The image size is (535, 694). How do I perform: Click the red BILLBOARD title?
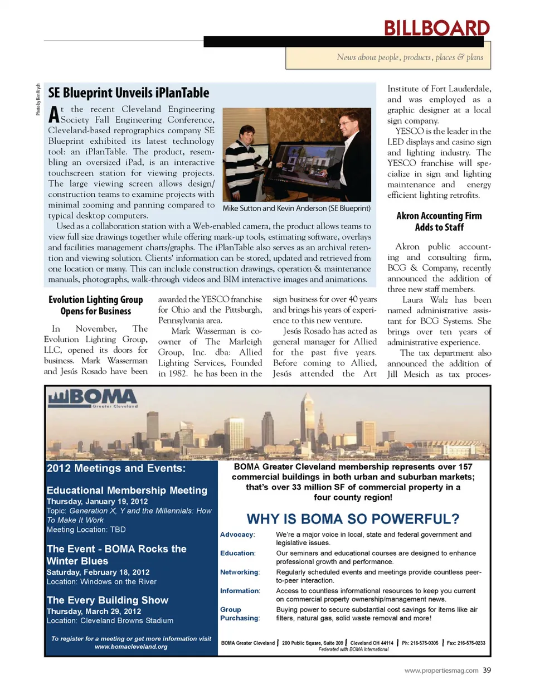pyautogui.click(x=436, y=28)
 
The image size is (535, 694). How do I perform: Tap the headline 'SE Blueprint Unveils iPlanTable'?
pyautogui.click(x=129, y=93)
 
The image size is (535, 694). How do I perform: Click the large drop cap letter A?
pyautogui.click(x=53, y=115)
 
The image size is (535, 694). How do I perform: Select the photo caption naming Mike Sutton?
pyautogui.click(x=296, y=208)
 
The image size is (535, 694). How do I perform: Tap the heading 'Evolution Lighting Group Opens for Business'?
pyautogui.click(x=96, y=305)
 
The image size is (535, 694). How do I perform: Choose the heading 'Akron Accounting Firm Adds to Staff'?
pyautogui.click(x=439, y=221)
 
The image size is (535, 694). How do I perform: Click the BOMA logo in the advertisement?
pyautogui.click(x=93, y=398)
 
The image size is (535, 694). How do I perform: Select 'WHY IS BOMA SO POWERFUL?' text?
pyautogui.click(x=353, y=519)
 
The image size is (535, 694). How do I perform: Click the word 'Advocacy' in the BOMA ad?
pyautogui.click(x=237, y=535)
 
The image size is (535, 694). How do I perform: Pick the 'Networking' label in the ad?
pyautogui.click(x=240, y=572)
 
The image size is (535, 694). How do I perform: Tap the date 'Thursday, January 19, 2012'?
pyautogui.click(x=97, y=501)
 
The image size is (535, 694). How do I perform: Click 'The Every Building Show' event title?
pyautogui.click(x=108, y=600)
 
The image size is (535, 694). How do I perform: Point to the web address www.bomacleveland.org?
pyautogui.click(x=131, y=647)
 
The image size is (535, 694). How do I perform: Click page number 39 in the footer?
pyautogui.click(x=487, y=670)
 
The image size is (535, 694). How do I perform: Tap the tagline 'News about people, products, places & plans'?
pyautogui.click(x=410, y=57)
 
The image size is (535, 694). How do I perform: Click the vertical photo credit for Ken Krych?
pyautogui.click(x=38, y=100)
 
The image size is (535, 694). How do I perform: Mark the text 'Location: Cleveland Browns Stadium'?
pyautogui.click(x=110, y=620)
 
